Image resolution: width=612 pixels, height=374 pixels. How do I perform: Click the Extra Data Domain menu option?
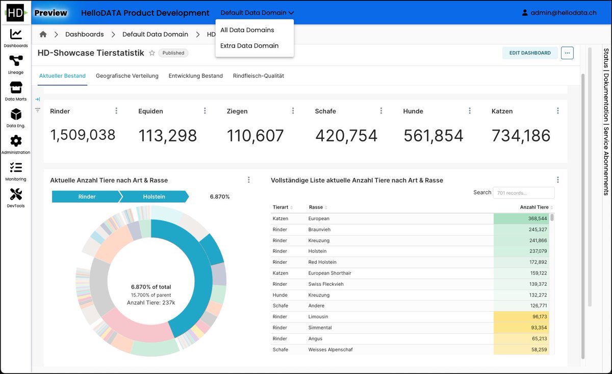pos(249,45)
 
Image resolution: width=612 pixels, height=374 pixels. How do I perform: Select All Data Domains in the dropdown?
pos(247,30)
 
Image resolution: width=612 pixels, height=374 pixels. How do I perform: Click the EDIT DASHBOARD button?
pos(529,53)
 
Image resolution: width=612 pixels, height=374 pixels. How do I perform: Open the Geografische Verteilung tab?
pos(127,76)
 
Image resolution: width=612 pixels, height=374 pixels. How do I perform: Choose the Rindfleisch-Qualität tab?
pos(258,76)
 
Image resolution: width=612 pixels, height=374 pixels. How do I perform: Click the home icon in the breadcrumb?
pos(43,34)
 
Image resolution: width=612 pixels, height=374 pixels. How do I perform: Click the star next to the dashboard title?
pos(151,53)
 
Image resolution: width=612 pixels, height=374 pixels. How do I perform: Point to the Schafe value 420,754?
pos(346,135)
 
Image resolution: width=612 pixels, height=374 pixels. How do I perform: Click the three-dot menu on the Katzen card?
pos(558,111)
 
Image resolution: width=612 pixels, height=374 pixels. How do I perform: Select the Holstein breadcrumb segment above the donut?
pos(154,197)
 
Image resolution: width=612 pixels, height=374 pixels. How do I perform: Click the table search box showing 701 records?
pos(523,193)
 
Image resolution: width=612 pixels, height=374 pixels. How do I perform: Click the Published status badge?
pos(173,53)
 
